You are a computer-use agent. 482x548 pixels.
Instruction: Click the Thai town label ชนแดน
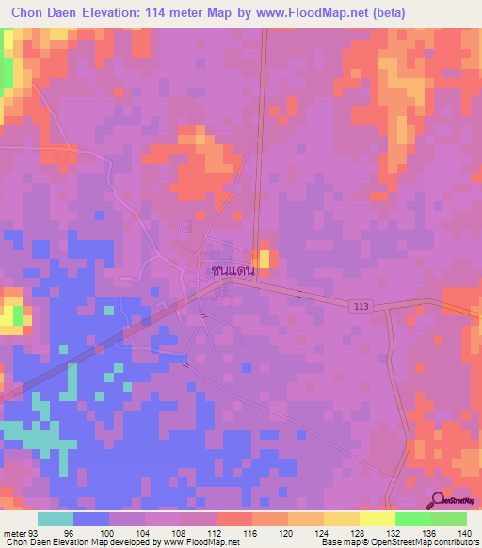[234, 269]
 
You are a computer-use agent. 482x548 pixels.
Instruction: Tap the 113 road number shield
[362, 306]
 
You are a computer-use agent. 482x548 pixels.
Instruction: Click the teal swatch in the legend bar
[55, 519]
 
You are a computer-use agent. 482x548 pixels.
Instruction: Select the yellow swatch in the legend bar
[376, 519]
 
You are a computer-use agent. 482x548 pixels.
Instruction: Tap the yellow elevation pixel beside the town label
[265, 258]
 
